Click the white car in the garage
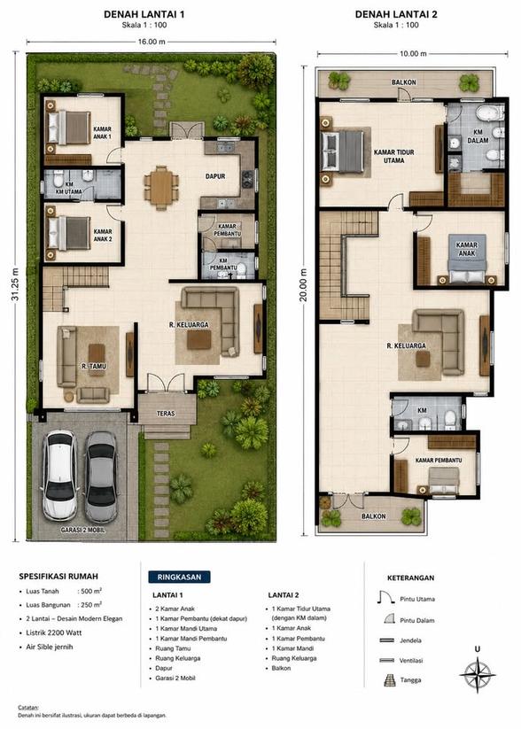(60, 475)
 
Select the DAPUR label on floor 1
(215, 176)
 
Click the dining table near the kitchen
(161, 188)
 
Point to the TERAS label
(166, 414)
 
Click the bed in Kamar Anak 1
(70, 128)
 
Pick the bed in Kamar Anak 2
(69, 233)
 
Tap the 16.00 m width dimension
(152, 42)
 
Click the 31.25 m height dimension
(15, 284)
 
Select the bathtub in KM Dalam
(491, 113)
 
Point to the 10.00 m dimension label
(413, 53)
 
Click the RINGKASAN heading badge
(179, 577)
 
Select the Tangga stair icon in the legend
(389, 680)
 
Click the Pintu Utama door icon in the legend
(386, 597)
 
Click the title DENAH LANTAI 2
(396, 14)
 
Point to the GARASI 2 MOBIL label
(82, 530)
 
